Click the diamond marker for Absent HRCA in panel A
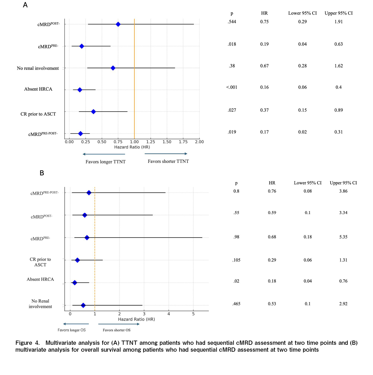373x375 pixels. point(80,90)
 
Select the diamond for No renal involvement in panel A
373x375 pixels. point(113,68)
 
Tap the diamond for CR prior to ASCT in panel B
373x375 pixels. point(77,260)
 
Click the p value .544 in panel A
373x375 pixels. point(232,22)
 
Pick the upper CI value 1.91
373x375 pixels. point(339,22)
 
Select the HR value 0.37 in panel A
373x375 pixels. point(264,110)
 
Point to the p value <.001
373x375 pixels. point(232,87)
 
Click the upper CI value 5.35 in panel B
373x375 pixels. point(343,237)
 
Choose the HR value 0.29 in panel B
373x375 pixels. point(272,260)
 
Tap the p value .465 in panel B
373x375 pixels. point(236,304)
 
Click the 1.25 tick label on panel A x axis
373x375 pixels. point(150,142)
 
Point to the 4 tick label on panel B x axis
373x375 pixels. point(169,314)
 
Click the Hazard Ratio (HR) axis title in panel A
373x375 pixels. point(132,147)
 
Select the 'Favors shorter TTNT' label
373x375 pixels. point(168,161)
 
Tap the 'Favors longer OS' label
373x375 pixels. point(72,330)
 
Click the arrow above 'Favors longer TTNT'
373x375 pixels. point(104,154)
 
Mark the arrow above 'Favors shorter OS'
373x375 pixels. point(119,324)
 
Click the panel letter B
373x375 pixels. point(42,173)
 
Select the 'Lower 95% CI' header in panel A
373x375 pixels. point(302,13)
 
